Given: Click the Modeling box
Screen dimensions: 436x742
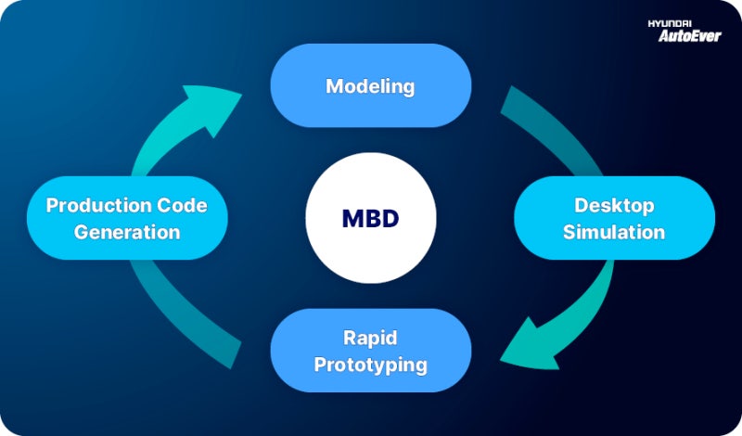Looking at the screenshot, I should click(x=370, y=86).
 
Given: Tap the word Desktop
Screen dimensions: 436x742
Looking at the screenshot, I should click(x=614, y=204).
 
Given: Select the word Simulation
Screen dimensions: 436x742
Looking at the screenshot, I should click(x=614, y=231).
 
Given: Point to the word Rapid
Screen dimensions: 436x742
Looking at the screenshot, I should click(x=370, y=338).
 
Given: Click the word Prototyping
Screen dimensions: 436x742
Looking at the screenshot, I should click(x=370, y=365).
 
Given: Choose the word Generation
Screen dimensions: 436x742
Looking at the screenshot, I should click(x=126, y=231).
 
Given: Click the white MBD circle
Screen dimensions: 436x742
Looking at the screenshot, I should click(x=370, y=219).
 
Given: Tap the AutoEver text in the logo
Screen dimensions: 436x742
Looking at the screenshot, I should click(x=689, y=36).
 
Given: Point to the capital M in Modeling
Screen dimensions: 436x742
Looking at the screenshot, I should click(x=334, y=86).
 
